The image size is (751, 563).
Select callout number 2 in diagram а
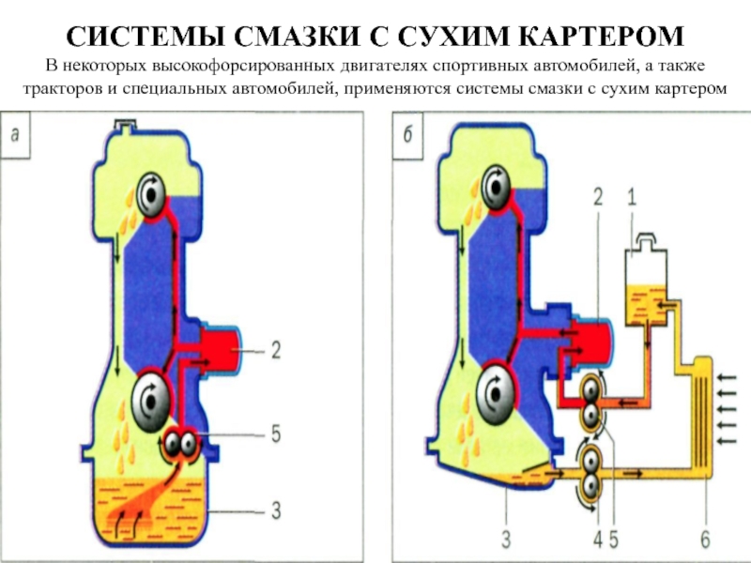(276, 350)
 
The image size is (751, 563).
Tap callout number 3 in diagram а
(276, 511)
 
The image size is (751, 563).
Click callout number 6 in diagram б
(705, 541)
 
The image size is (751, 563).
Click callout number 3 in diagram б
(506, 541)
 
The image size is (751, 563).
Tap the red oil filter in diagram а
(217, 349)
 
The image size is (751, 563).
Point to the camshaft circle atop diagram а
(148, 196)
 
